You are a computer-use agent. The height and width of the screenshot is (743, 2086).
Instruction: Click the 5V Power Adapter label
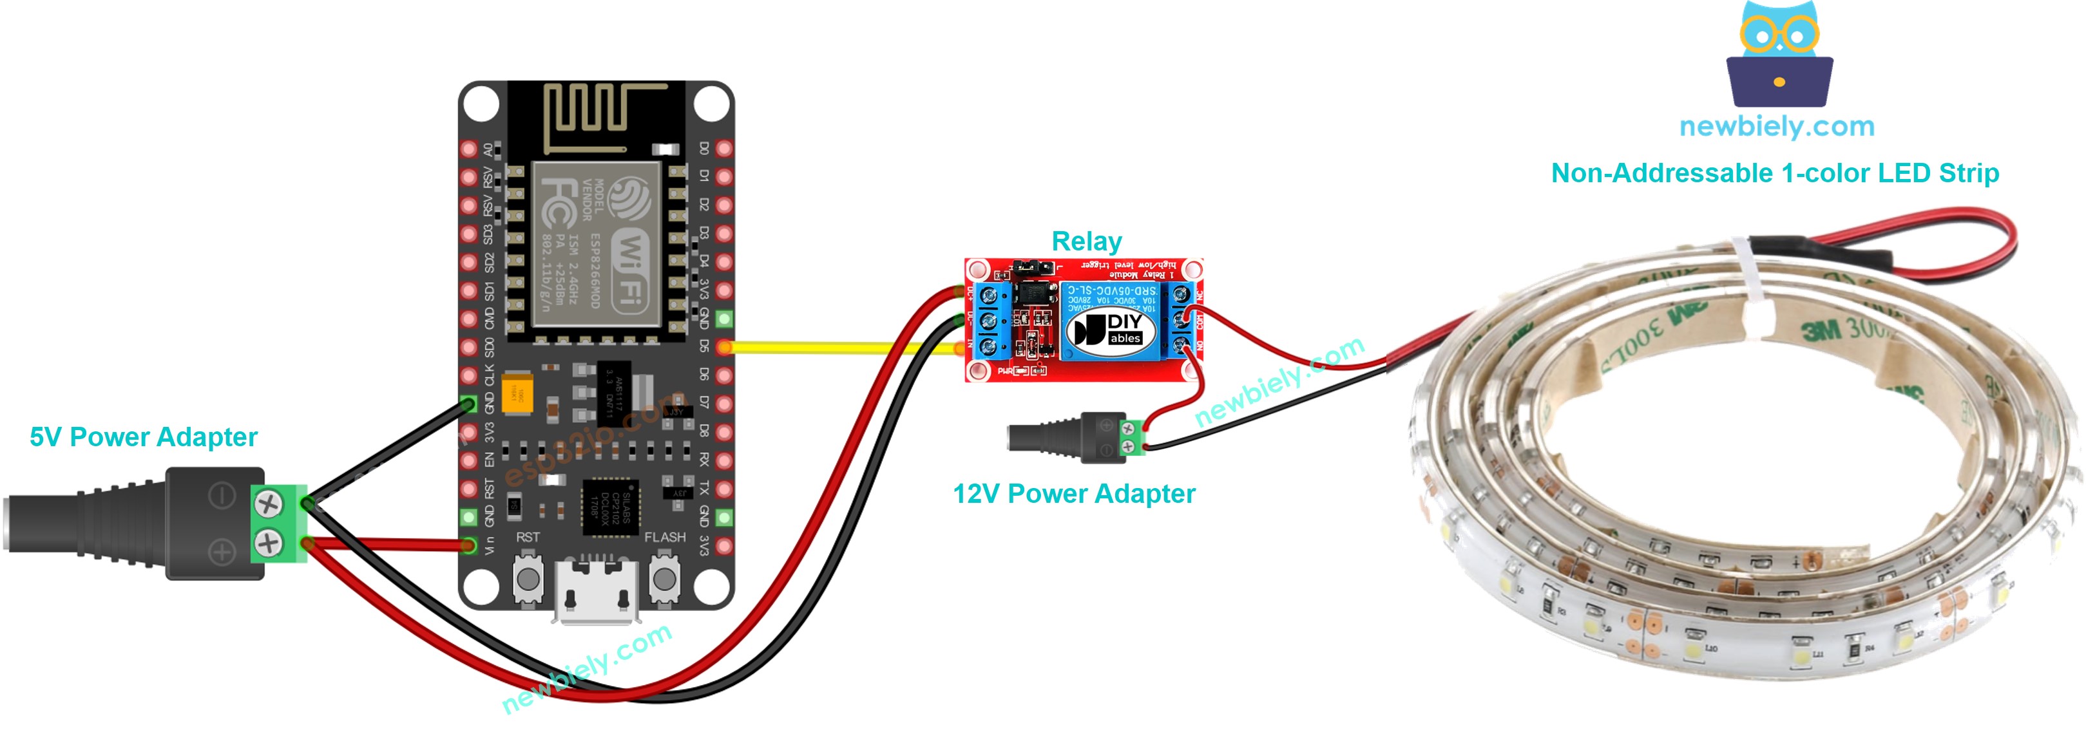(x=143, y=437)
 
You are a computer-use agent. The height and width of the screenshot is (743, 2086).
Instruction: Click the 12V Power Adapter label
(x=1074, y=494)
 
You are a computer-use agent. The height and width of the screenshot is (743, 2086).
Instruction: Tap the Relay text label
(x=1086, y=241)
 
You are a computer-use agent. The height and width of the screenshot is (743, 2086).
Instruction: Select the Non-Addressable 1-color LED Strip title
(x=1774, y=173)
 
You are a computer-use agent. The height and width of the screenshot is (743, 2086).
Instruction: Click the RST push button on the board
(x=528, y=578)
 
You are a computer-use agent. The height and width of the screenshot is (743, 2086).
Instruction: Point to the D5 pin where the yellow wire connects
(x=724, y=347)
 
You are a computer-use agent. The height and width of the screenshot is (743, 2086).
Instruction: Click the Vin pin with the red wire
(x=468, y=545)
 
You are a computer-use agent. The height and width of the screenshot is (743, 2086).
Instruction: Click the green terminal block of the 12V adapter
(x=1131, y=438)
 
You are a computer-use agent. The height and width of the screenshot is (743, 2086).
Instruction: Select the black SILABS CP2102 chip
(x=610, y=508)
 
